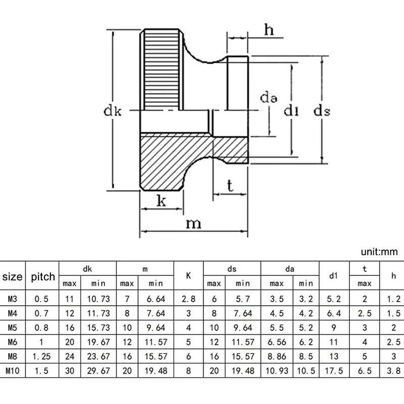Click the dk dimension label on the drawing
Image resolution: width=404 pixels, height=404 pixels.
(113, 111)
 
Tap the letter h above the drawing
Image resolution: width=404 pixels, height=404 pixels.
(269, 30)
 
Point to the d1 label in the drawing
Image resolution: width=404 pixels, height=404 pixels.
(290, 110)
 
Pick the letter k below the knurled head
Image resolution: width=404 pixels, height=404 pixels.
(162, 201)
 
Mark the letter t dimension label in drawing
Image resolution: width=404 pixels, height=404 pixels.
(230, 186)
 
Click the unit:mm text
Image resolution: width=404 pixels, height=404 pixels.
(379, 251)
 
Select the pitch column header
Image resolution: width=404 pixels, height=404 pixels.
(43, 277)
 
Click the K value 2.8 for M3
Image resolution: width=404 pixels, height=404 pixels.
(188, 299)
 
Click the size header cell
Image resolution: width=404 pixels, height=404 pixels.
(13, 277)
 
